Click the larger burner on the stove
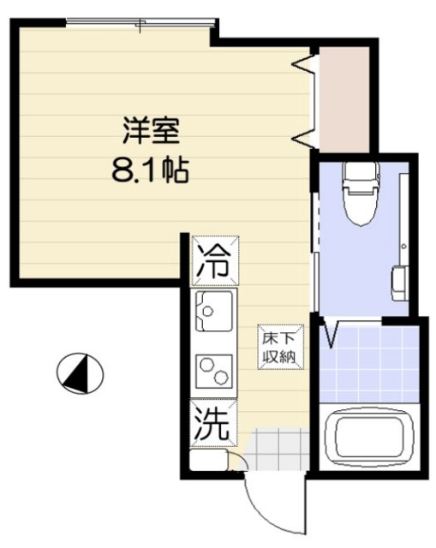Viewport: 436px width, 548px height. tap(220, 376)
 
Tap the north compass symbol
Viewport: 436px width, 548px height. tap(80, 372)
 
